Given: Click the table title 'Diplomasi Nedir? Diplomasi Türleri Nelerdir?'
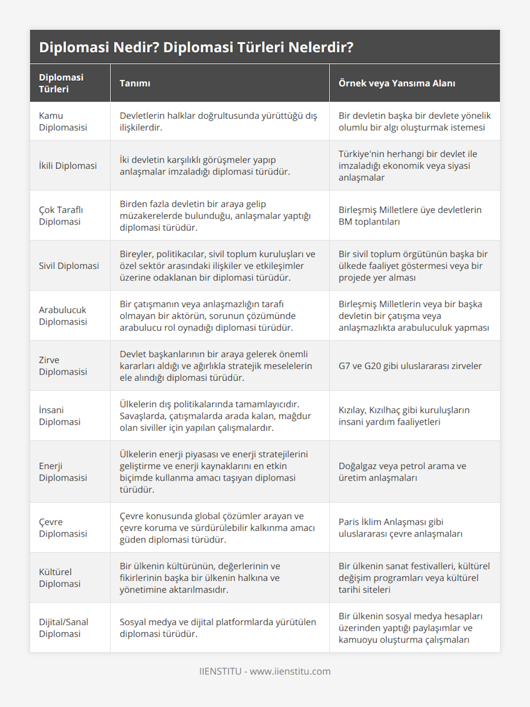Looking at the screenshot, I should click(x=196, y=47).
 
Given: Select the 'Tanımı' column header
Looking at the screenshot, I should click(x=135, y=83).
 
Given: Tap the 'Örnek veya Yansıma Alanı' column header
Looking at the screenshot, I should click(x=397, y=83).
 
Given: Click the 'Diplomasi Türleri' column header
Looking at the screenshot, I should click(x=61, y=83).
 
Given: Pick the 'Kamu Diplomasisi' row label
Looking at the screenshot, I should click(x=63, y=121).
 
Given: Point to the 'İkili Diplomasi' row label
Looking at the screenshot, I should click(x=68, y=166).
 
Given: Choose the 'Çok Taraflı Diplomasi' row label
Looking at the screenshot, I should click(x=61, y=216).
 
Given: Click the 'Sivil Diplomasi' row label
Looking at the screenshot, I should click(x=69, y=265).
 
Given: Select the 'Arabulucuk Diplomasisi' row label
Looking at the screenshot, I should click(x=63, y=316).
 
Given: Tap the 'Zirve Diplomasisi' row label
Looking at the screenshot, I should click(x=63, y=366).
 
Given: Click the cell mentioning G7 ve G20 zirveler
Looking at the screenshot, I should click(x=410, y=366).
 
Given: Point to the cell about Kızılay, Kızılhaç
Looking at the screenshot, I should click(x=404, y=416).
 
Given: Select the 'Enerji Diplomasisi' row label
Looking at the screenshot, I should click(x=63, y=472).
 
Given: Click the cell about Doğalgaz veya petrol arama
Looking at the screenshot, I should click(x=402, y=472).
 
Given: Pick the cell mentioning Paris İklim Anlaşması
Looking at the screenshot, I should click(x=400, y=528).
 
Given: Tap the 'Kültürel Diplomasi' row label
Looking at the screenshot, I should click(x=60, y=578).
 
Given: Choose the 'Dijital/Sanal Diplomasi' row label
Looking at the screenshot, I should click(x=64, y=628).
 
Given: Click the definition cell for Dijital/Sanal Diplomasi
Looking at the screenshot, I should click(x=218, y=628).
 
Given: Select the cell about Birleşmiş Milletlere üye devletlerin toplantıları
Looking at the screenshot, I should click(x=410, y=216).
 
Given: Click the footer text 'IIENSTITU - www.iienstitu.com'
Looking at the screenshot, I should click(x=265, y=671).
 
